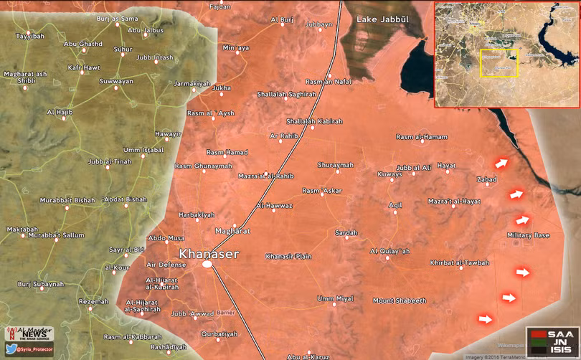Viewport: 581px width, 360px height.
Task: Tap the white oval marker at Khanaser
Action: click(207, 265)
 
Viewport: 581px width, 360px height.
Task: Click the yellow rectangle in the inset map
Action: click(499, 63)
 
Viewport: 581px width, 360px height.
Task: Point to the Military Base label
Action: click(528, 236)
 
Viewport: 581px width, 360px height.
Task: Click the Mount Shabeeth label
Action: click(400, 300)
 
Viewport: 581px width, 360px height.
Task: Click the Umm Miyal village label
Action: click(335, 298)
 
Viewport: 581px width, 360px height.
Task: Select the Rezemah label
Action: click(93, 301)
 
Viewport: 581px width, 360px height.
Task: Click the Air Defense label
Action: click(166, 265)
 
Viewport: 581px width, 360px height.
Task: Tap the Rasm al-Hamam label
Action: click(421, 137)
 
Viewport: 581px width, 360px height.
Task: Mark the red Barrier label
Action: click(225, 313)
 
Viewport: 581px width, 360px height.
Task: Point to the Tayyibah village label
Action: click(29, 35)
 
